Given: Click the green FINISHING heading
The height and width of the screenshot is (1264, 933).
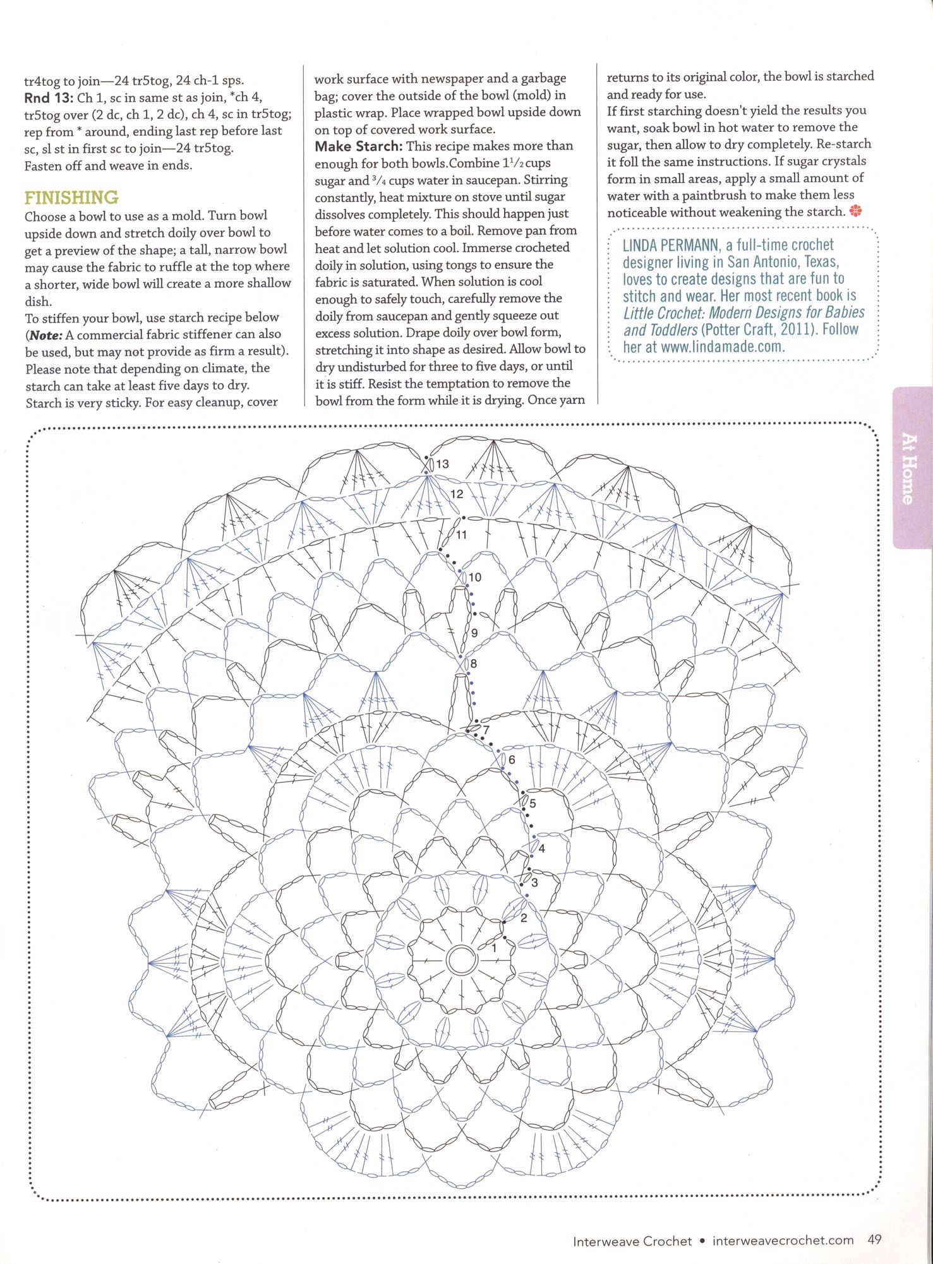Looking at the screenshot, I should pyautogui.click(x=71, y=198).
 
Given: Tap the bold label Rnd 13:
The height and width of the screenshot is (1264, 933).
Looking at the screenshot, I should pyautogui.click(x=48, y=97).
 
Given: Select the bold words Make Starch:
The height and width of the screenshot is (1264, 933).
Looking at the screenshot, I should pyautogui.click(x=358, y=146).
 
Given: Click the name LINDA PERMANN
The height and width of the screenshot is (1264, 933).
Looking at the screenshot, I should pyautogui.click(x=670, y=245).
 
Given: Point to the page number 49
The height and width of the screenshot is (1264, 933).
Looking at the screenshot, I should pyautogui.click(x=874, y=1239).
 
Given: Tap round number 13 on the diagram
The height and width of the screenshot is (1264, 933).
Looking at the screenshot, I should pyautogui.click(x=442, y=464).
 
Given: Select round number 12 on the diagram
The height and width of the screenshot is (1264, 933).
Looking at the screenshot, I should pyautogui.click(x=456, y=494).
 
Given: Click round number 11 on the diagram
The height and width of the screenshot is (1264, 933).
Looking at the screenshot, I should pyautogui.click(x=461, y=535).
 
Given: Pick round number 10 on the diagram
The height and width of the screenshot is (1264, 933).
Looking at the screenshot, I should pyautogui.click(x=474, y=577).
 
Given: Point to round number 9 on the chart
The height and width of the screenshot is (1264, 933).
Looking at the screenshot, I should pyautogui.click(x=474, y=633).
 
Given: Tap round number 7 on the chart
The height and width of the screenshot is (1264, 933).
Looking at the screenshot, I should pyautogui.click(x=486, y=730).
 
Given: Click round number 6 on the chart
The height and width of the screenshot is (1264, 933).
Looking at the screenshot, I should pyautogui.click(x=511, y=760).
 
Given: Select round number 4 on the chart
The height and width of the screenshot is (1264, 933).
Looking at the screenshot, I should pyautogui.click(x=541, y=849).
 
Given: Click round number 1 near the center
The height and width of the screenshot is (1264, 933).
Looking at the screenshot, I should pyautogui.click(x=494, y=948).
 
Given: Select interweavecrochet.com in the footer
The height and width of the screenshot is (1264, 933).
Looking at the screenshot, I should pyautogui.click(x=783, y=1240).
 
